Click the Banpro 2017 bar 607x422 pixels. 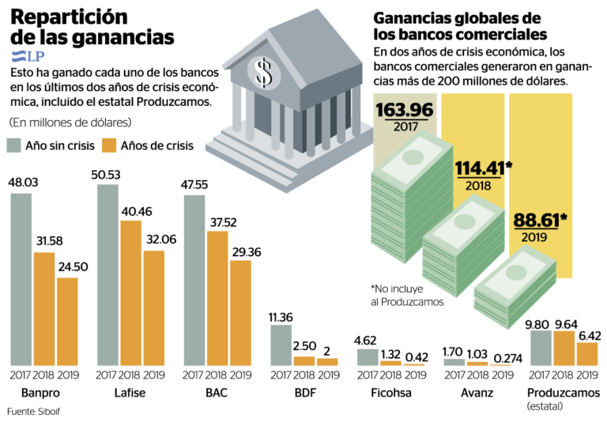click(21, 278)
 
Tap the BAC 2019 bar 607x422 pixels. click(239, 312)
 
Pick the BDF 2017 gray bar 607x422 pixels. click(281, 345)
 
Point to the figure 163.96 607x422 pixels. click(404, 110)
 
